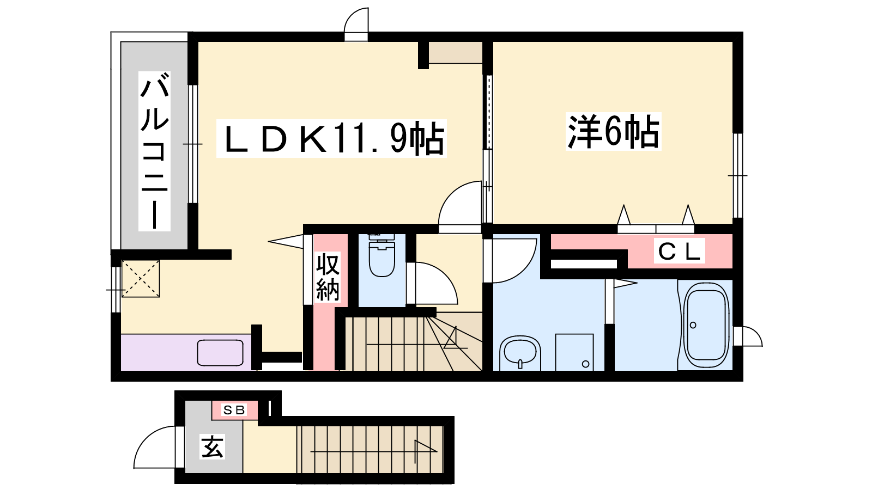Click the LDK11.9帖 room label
pos(331,138)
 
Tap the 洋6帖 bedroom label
pos(613,131)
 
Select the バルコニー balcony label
pos(155,151)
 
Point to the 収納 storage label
pos(328,277)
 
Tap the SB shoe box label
pos(234,410)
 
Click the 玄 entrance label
pos(212,447)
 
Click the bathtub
pos(706,325)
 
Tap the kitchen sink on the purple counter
pos(220,353)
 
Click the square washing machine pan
pos(574,352)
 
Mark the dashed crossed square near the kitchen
pos(141,279)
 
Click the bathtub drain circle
pos(693,325)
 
